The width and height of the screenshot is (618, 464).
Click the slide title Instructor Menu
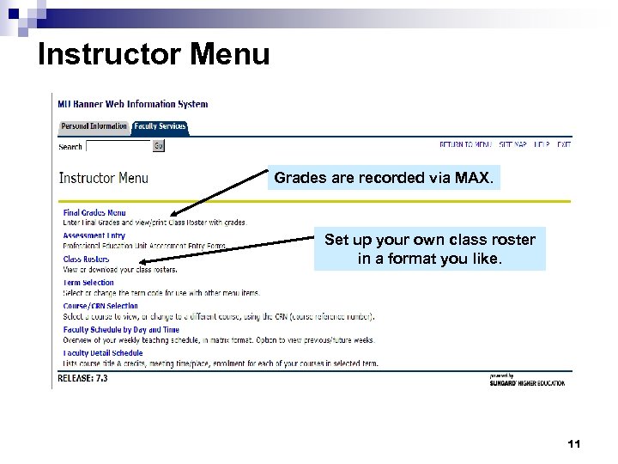154,54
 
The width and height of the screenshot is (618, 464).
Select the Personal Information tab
94,126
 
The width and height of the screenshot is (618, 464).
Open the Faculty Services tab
160,126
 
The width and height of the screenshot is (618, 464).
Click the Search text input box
118,146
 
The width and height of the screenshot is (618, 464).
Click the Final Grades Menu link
94,212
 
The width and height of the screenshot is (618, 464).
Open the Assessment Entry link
94,235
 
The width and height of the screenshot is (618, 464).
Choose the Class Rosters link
86,259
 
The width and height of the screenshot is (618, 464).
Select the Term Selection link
88,282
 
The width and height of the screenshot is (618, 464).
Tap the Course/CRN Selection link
100,305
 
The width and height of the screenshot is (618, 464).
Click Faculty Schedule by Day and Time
121,329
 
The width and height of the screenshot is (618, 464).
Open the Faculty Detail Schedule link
103,352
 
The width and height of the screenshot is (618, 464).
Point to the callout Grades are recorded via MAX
383,179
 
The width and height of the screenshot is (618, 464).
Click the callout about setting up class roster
429,249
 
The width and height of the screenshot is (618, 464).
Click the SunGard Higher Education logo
526,380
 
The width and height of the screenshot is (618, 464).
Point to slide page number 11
574,444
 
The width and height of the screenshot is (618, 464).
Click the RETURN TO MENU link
465,145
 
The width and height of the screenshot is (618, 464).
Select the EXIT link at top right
563,145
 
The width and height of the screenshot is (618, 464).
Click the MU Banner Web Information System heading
132,104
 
